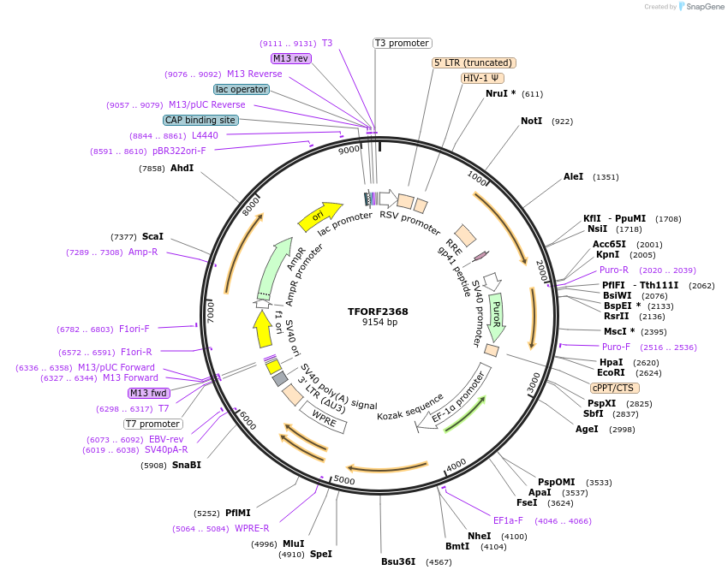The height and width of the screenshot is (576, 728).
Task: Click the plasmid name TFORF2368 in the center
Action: (378, 312)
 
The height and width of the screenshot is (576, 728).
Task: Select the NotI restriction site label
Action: (531, 122)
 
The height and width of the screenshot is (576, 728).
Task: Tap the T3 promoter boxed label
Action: (403, 43)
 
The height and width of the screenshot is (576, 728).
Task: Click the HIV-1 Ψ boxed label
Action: (482, 78)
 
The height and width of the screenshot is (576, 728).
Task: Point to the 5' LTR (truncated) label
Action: (473, 62)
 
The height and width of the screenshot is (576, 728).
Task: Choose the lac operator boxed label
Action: (241, 89)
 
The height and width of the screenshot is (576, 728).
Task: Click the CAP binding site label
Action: (200, 121)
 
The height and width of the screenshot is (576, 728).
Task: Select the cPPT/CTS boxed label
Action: (612, 387)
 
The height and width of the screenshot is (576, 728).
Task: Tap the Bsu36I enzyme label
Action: (398, 561)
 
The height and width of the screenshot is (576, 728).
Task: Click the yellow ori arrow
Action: (319, 217)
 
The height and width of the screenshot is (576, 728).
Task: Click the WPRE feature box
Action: (323, 416)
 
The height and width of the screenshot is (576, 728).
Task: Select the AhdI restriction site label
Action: (182, 168)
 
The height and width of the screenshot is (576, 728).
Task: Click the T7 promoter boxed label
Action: (153, 424)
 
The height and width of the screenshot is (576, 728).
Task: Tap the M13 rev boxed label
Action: (290, 58)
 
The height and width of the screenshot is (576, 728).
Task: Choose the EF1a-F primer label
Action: (508, 520)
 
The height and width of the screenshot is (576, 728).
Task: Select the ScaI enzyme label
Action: (152, 236)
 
